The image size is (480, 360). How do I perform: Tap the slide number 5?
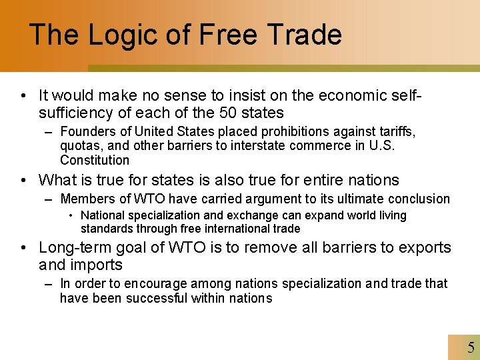(x=471, y=347)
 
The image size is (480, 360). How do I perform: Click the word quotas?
(x=79, y=145)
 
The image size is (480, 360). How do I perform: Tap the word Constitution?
(x=95, y=160)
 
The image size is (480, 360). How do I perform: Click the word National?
(x=102, y=215)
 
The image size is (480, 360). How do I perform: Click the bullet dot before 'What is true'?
(x=24, y=180)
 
